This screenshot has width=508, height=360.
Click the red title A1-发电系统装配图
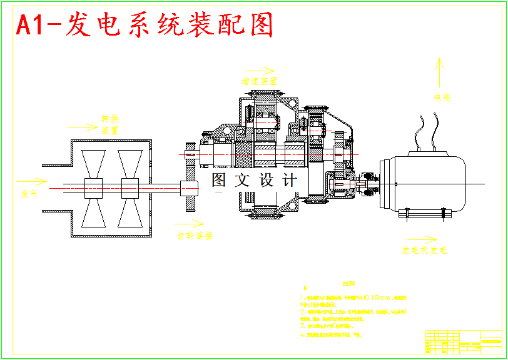(x=145, y=26)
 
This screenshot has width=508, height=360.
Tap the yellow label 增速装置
(x=260, y=81)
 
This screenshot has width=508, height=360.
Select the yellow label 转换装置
(x=110, y=124)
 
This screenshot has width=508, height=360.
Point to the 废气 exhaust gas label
(x=29, y=194)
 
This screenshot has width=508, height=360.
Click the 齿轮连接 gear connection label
(x=195, y=236)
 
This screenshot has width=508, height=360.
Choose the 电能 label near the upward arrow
(x=442, y=97)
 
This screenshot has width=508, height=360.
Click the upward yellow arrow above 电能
(x=440, y=72)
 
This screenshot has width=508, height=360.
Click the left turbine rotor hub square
(x=93, y=188)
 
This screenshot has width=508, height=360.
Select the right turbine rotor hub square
(x=130, y=188)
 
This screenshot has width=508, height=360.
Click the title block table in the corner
(x=463, y=342)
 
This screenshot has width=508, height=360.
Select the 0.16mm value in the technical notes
(x=380, y=297)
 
